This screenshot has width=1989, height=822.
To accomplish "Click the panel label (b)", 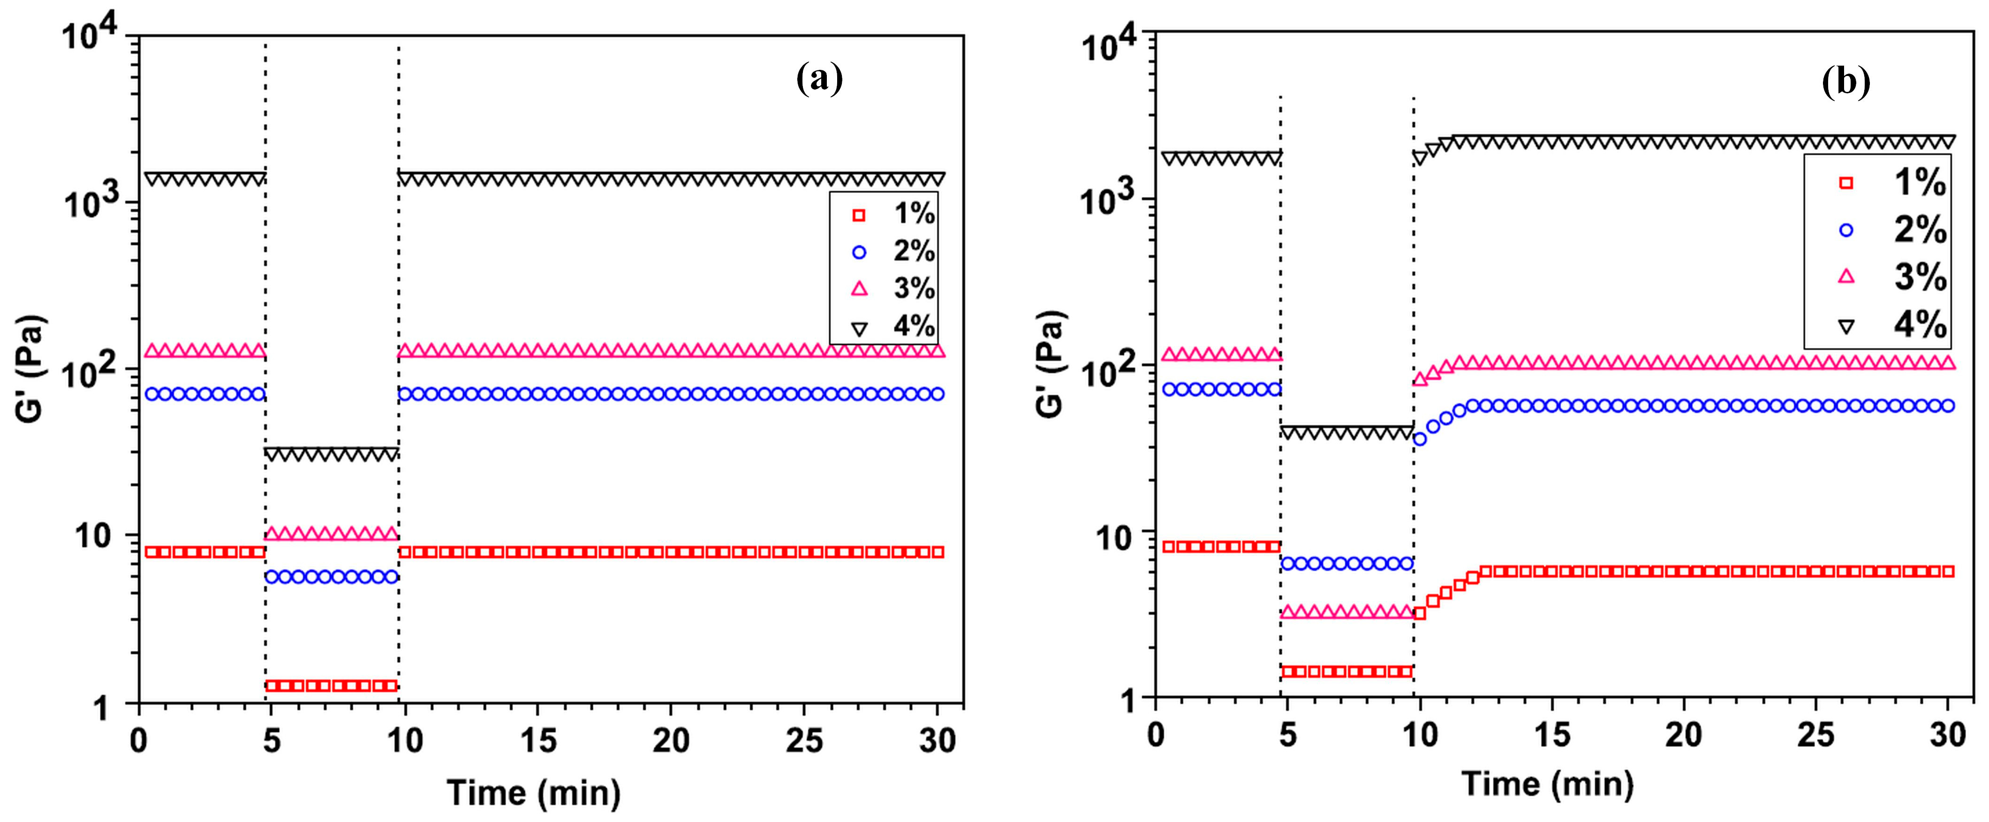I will (1845, 81).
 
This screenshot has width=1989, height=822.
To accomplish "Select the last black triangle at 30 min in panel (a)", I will (938, 179).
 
